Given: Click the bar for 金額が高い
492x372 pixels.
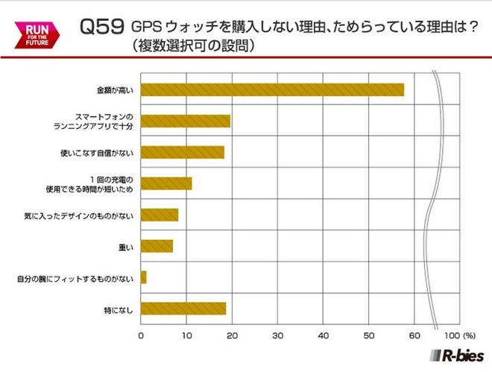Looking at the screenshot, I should coord(272,90).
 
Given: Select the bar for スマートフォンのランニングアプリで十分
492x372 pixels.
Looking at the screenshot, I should coord(185,121).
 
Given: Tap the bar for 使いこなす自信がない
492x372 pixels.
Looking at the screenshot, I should coord(182,152).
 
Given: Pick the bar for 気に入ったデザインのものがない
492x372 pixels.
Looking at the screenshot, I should coord(159,215).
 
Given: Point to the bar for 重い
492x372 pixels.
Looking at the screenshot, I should coord(157,246).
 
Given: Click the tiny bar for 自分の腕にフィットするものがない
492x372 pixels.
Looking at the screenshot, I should coord(143,277).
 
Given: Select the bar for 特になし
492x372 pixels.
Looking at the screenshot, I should coord(183,309).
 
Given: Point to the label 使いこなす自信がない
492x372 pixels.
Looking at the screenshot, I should coord(97,153).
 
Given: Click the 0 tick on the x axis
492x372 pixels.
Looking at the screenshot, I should coord(141,335).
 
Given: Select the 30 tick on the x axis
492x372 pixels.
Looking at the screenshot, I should coord(277,335).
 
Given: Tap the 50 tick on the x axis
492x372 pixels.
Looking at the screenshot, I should coord(368,335).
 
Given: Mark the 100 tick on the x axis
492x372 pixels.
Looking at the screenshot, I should coord(450,335).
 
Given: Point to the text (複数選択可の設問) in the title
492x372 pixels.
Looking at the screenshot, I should coord(195,45).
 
